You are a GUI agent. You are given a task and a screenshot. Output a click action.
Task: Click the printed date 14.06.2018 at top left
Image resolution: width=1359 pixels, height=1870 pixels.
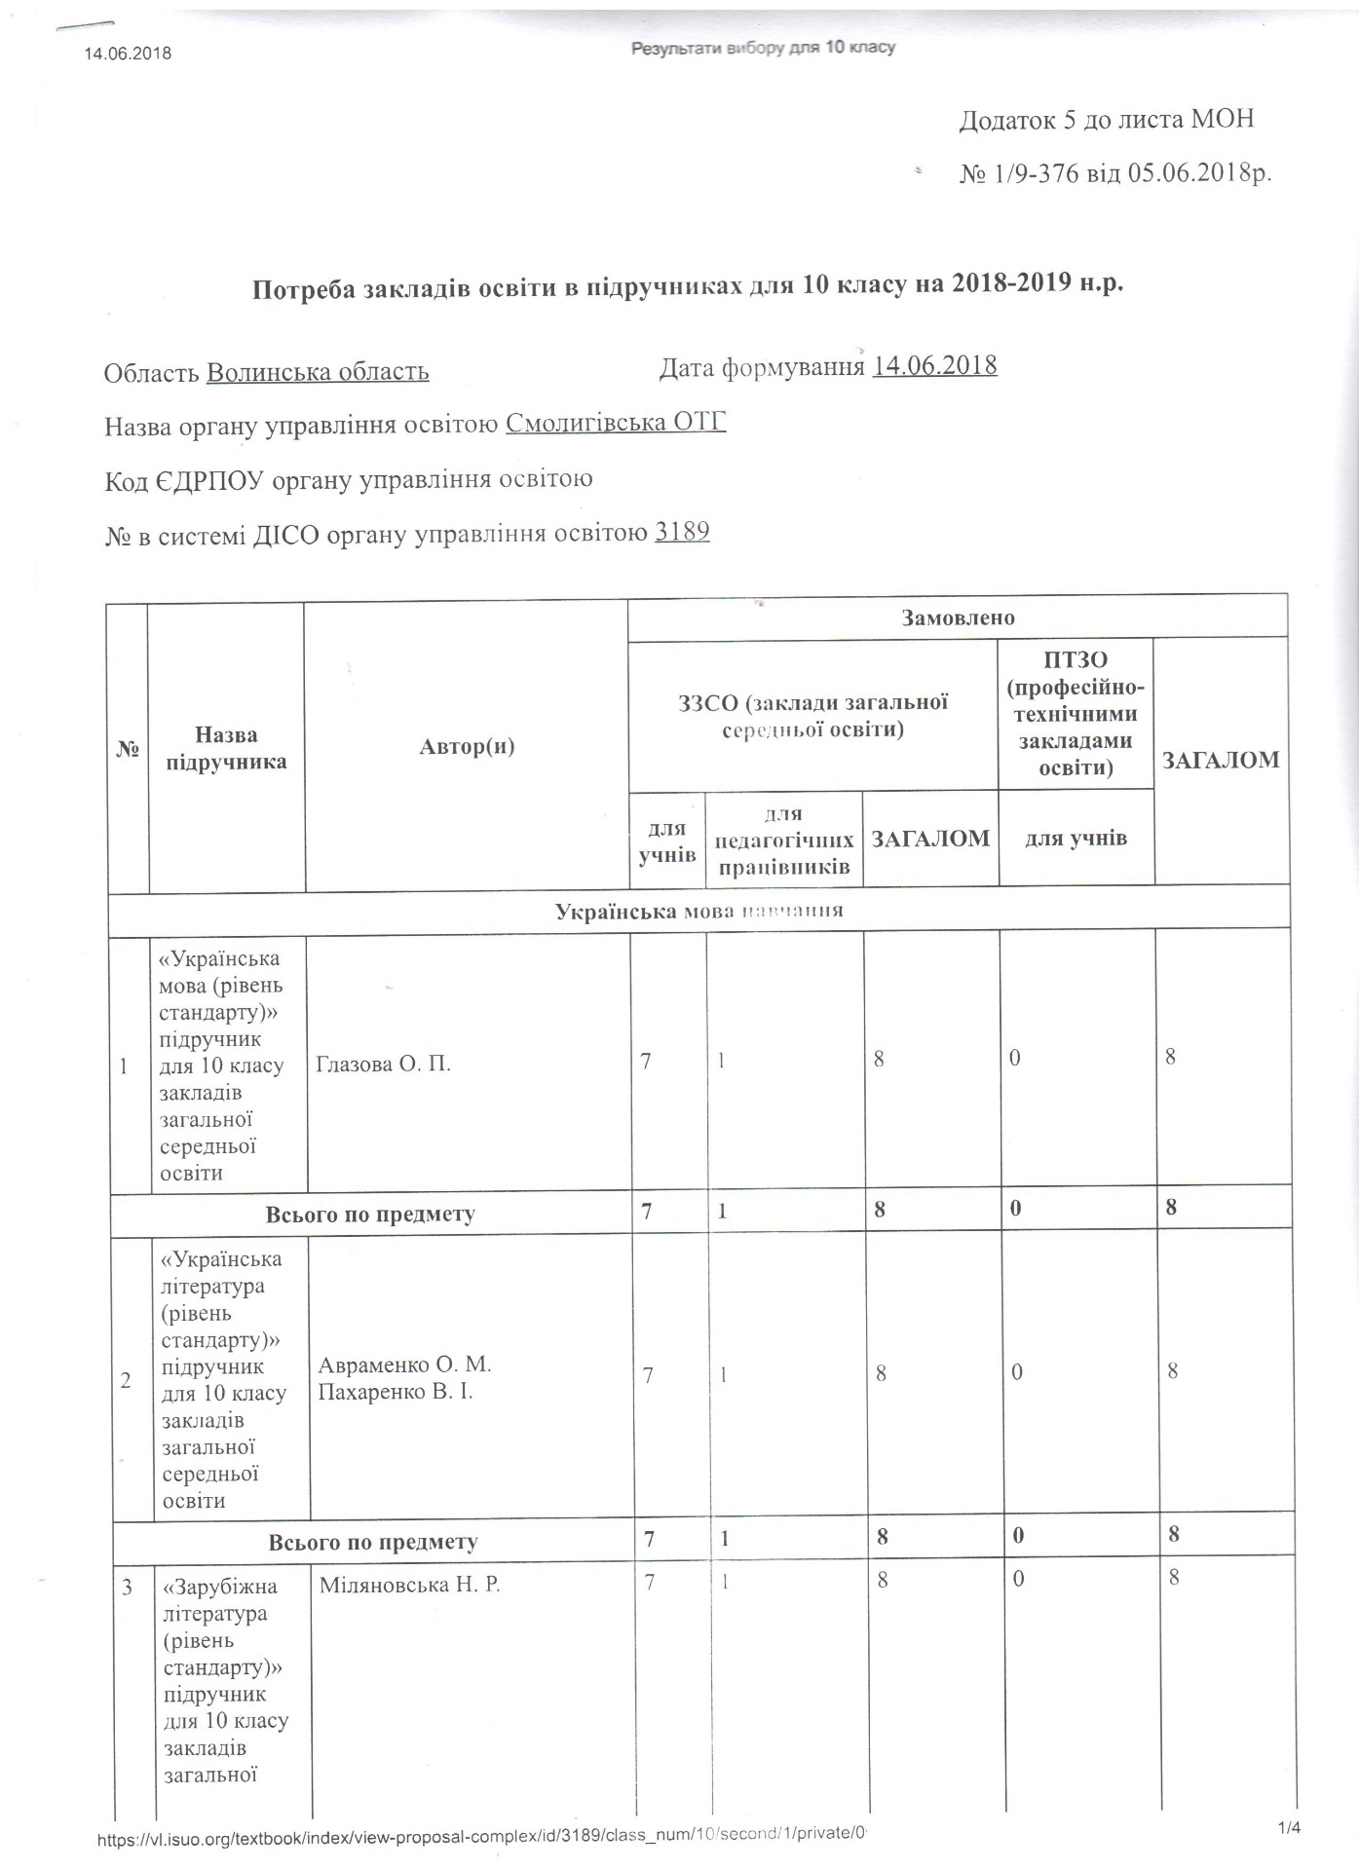point(128,53)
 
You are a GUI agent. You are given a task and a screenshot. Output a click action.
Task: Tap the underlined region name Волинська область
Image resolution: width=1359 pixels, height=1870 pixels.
point(318,372)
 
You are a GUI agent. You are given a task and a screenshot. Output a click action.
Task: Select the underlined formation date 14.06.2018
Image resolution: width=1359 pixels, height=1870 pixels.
point(935,366)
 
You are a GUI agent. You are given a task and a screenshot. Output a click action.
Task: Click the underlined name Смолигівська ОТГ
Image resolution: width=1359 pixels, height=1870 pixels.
point(616,423)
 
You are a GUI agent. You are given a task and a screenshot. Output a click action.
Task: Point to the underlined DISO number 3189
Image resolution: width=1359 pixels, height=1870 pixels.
point(682,532)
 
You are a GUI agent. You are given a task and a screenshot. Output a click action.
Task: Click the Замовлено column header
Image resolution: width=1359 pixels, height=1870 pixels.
point(958,617)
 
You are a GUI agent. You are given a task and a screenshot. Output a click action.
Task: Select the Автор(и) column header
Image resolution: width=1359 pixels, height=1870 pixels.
point(467,747)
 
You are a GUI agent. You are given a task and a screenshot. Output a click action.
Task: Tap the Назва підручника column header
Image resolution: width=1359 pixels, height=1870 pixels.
point(226,747)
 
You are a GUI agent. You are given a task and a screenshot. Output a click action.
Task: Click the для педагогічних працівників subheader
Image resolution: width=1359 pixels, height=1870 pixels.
point(784,840)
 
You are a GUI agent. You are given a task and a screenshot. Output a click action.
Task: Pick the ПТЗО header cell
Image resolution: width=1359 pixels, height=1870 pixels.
point(1076,713)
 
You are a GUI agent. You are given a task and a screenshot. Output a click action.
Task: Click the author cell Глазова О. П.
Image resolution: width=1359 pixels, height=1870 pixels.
point(384,1063)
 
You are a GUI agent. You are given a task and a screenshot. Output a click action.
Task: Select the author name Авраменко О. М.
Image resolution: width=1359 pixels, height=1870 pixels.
point(404,1364)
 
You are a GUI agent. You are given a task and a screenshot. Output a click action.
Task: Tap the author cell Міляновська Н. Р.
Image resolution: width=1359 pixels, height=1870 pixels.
point(409,1585)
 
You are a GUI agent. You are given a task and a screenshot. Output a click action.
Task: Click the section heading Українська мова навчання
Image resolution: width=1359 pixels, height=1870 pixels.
point(698,911)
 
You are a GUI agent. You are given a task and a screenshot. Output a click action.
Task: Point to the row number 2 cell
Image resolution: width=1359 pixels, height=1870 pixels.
point(127,1379)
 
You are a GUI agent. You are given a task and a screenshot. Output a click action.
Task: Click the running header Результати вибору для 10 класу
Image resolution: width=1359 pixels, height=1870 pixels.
point(763,48)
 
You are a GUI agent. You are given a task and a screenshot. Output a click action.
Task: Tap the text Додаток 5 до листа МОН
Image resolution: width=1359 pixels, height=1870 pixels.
point(1107,120)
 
